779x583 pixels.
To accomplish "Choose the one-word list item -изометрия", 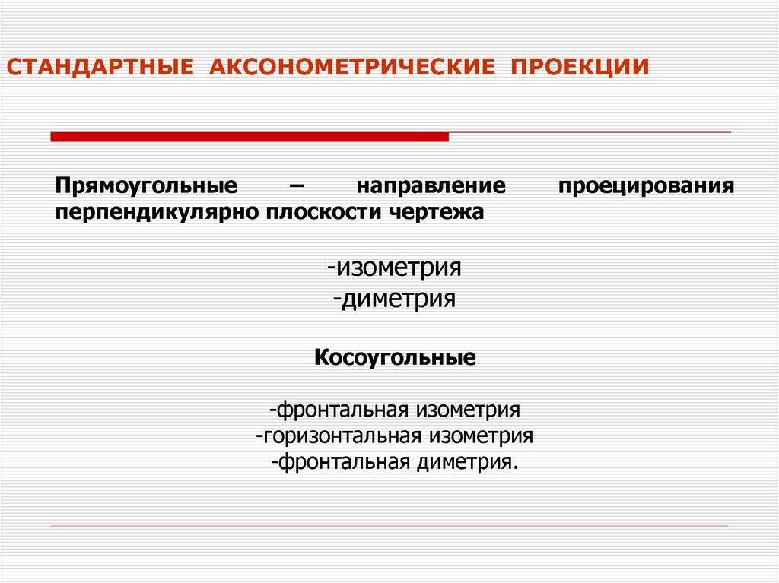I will coord(395,268).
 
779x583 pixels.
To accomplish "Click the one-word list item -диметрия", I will coord(394,298).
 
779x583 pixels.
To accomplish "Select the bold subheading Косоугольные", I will coord(395,357).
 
